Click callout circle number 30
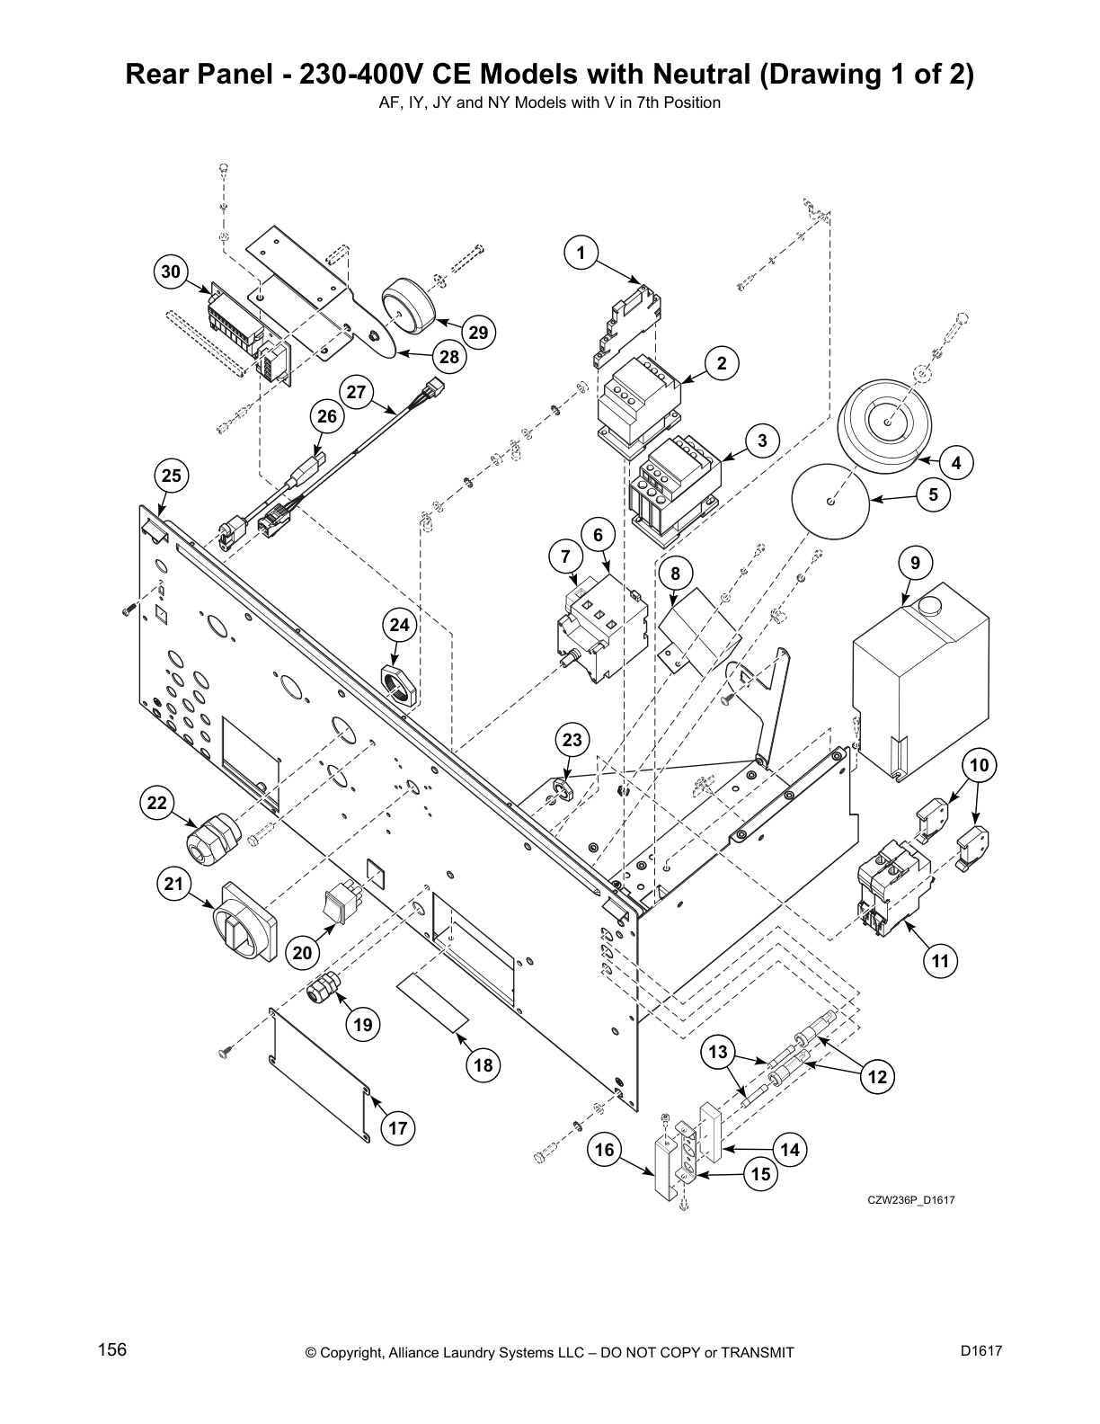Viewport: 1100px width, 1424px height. (x=171, y=271)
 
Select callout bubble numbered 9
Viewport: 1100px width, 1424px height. (x=915, y=564)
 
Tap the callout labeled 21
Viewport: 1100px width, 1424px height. (x=173, y=885)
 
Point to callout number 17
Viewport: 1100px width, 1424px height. (x=398, y=1128)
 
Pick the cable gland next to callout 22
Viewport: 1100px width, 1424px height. (x=212, y=837)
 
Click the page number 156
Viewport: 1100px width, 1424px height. (x=111, y=1350)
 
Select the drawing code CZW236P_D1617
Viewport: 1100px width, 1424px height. (x=903, y=1199)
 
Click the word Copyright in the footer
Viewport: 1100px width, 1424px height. (x=354, y=1353)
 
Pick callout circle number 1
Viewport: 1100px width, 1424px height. (x=581, y=254)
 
